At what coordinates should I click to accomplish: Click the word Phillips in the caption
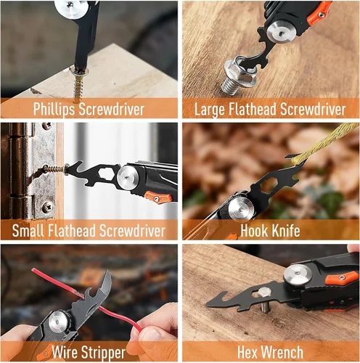(x=54, y=110)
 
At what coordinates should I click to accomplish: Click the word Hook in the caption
(x=253, y=231)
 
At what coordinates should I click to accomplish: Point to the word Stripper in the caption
(x=103, y=353)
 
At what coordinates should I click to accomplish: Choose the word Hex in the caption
(x=247, y=352)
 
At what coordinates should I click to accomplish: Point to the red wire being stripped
(x=86, y=300)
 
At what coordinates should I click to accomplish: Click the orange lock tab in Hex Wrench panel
(x=342, y=278)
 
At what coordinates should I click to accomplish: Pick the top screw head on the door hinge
(x=47, y=126)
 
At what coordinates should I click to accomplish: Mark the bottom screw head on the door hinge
(x=47, y=207)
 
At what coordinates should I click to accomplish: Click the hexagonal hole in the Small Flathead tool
(x=106, y=174)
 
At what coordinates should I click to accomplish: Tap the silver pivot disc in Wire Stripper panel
(x=58, y=322)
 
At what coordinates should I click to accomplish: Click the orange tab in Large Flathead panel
(x=319, y=13)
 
